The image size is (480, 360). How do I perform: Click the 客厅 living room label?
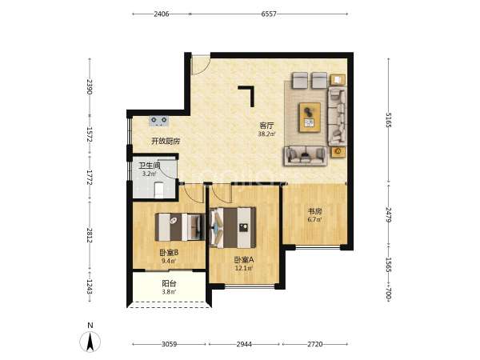point(266,126)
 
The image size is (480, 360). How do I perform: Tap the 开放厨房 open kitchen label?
point(166,141)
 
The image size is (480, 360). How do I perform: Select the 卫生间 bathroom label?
point(150,166)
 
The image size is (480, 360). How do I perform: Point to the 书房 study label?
point(314,211)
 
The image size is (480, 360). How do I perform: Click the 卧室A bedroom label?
point(244,260)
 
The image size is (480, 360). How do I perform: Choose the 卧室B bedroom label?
point(169,253)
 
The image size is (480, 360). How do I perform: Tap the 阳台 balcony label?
point(169,284)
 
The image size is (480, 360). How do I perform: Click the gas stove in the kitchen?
point(159,121)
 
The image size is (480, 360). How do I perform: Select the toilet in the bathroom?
point(158,190)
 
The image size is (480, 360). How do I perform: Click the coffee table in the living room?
point(310,118)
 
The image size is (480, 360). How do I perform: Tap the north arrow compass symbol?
point(90,342)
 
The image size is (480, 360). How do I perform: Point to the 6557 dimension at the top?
point(269,14)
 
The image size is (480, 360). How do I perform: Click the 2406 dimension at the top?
point(162,14)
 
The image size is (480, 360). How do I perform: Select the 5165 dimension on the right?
point(389,120)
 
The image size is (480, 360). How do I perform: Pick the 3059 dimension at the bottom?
point(169,344)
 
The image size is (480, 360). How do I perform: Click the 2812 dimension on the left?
point(90,235)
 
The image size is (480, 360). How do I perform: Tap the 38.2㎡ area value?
point(266,134)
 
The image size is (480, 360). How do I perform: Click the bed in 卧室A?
point(233,227)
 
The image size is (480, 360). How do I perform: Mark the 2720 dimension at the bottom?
point(314,344)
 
